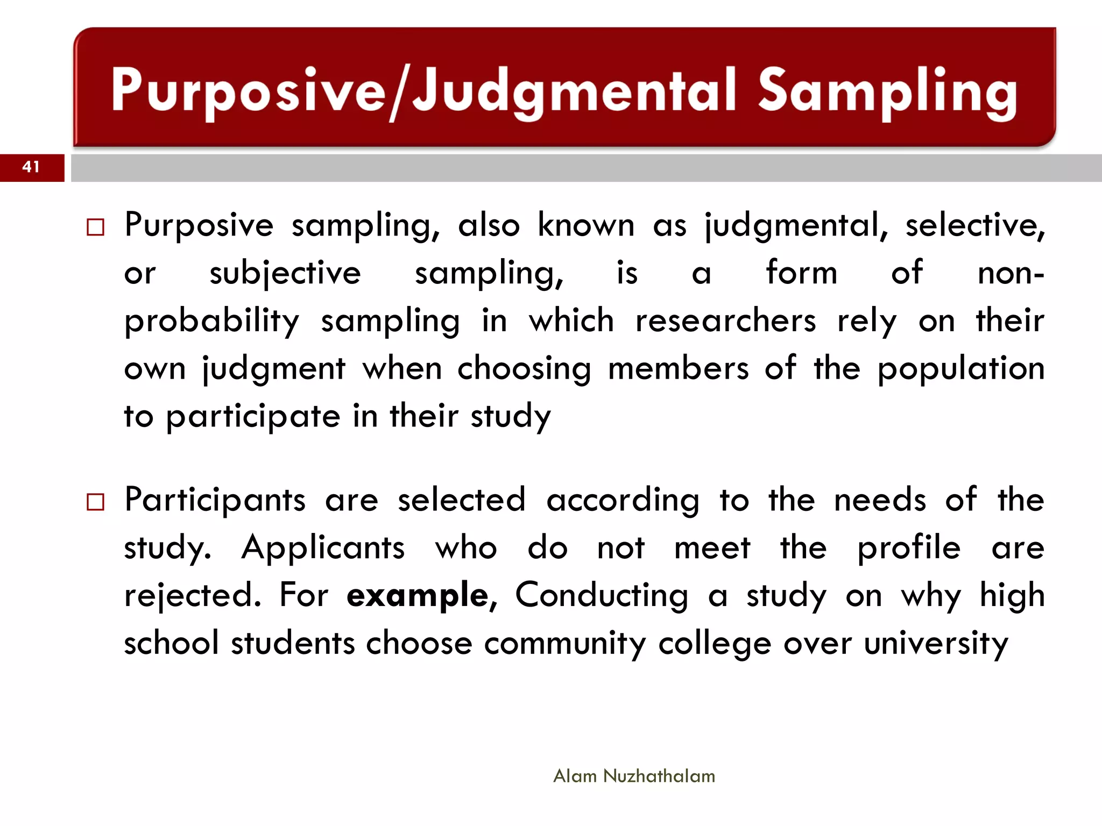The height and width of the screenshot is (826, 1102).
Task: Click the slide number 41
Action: tap(31, 167)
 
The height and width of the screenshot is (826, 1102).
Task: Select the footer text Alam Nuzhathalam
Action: tap(634, 776)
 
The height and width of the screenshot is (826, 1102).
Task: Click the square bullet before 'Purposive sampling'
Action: tap(95, 227)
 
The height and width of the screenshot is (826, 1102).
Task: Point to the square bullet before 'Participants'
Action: tap(95, 502)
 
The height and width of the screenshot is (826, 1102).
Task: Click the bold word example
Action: tap(418, 596)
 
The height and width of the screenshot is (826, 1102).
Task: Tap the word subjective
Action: tap(285, 273)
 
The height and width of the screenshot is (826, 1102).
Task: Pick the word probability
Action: tap(211, 322)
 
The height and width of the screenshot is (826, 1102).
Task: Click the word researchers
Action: tap(725, 321)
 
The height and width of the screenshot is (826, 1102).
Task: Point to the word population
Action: tap(961, 369)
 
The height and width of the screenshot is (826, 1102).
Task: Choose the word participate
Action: tap(253, 417)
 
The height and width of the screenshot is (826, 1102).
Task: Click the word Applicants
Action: tap(323, 548)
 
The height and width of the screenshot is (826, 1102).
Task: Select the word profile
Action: tap(909, 549)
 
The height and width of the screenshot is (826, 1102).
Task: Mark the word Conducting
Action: tap(602, 596)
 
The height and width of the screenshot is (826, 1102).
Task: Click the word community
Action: tap(565, 644)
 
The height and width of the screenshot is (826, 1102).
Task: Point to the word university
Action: tap(936, 644)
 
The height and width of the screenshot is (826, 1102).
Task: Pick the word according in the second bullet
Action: tap(623, 501)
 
